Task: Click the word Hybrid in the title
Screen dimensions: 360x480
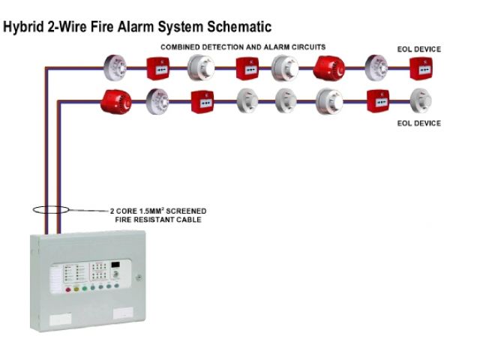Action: [x=23, y=28]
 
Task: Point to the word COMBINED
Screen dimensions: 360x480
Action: [x=182, y=46]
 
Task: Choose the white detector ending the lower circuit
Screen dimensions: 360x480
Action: [x=420, y=99]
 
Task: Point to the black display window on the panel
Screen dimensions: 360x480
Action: [x=115, y=266]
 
